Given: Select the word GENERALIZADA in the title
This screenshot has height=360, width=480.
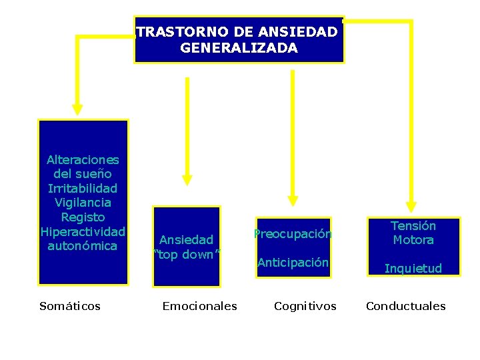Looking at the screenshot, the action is tap(239, 48).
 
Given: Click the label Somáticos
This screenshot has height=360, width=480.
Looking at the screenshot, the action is tap(70, 306).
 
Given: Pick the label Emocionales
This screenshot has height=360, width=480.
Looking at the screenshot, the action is tap(199, 306).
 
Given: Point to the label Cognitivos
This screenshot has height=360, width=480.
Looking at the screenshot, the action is tap(305, 306).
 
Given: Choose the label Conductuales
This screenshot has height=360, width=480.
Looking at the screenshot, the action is tap(405, 306).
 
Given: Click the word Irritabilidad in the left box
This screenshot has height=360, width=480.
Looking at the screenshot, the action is tap(83, 189).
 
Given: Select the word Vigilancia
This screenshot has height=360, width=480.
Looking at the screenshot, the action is tap(83, 203).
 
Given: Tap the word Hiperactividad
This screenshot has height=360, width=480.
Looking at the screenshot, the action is tap(83, 231).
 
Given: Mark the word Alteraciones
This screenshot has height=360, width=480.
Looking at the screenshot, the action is tap(83, 160).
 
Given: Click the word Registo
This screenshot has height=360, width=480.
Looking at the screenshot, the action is tap(83, 217).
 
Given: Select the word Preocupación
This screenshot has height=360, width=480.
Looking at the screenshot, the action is tap(293, 234).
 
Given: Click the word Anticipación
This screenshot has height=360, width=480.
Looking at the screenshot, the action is tap(293, 263).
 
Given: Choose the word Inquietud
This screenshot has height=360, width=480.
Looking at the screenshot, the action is tap(413, 269).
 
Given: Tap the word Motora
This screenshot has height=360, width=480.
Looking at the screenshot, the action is tap(413, 240).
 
